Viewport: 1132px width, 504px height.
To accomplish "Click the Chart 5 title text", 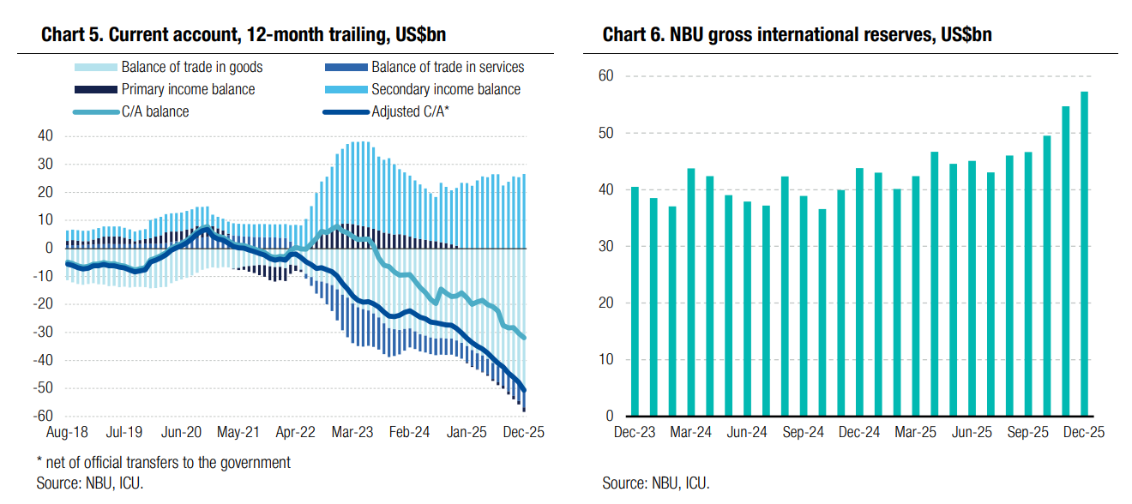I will [x=244, y=35].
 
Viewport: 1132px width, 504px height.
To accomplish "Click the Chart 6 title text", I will [x=798, y=35].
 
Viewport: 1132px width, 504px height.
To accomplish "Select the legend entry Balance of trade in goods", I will [x=192, y=67].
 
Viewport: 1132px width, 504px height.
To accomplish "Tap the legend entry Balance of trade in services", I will [x=447, y=67].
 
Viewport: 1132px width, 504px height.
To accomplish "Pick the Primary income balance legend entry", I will [x=188, y=89].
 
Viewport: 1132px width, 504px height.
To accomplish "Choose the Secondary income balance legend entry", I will [x=445, y=89].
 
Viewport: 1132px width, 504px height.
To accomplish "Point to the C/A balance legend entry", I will [x=154, y=111].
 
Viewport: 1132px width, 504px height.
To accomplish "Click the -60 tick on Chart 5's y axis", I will [x=42, y=417].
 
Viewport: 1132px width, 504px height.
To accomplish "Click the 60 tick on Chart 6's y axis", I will [x=605, y=76].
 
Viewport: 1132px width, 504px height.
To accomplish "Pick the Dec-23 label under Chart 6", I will [x=635, y=433].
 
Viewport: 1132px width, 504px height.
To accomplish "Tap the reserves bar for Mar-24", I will [x=691, y=292].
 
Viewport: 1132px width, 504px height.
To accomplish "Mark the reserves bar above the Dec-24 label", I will [x=860, y=292].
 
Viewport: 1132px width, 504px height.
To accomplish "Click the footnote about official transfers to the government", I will [x=163, y=463].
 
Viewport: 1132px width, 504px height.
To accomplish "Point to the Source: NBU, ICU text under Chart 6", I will [x=656, y=483].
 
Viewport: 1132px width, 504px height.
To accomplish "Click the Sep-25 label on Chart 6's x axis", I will [x=1028, y=433].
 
